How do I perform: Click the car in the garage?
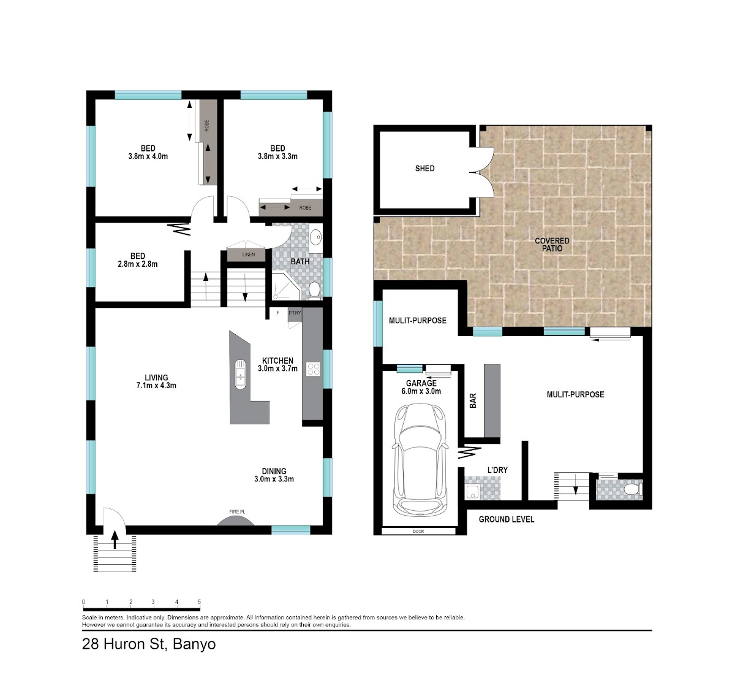click(420, 459)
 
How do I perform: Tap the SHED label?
click(424, 169)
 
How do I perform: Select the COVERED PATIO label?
click(552, 245)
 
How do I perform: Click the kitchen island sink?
click(240, 373)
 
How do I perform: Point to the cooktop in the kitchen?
click(313, 369)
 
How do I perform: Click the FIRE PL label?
click(237, 512)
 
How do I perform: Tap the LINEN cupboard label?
click(249, 254)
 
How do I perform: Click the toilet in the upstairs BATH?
click(314, 290)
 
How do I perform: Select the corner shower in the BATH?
click(285, 286)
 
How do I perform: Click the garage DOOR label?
click(418, 531)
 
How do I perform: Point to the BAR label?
click(473, 400)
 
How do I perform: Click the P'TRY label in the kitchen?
click(295, 313)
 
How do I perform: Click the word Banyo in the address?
click(194, 644)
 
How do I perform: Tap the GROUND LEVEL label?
click(506, 519)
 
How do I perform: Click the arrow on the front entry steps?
click(115, 540)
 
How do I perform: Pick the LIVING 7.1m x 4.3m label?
click(156, 381)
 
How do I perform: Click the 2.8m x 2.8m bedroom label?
click(138, 264)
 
